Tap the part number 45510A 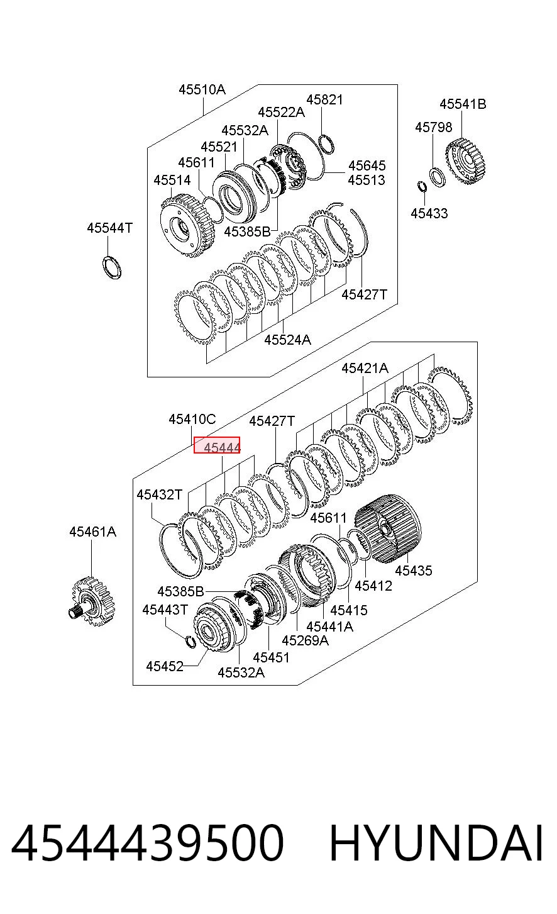[202, 89]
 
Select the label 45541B [463, 104]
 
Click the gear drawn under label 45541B [465, 161]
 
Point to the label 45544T [109, 228]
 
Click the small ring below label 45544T [112, 267]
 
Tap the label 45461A [92, 532]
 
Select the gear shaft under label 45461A [92, 602]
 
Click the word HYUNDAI [436, 844]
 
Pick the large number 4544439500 [147, 844]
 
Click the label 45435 [414, 570]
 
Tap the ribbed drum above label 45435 [388, 528]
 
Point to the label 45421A [365, 368]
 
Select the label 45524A [287, 340]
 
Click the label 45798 [433, 127]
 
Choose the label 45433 [429, 213]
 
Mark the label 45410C [192, 419]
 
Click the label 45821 [324, 99]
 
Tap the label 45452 [165, 666]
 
